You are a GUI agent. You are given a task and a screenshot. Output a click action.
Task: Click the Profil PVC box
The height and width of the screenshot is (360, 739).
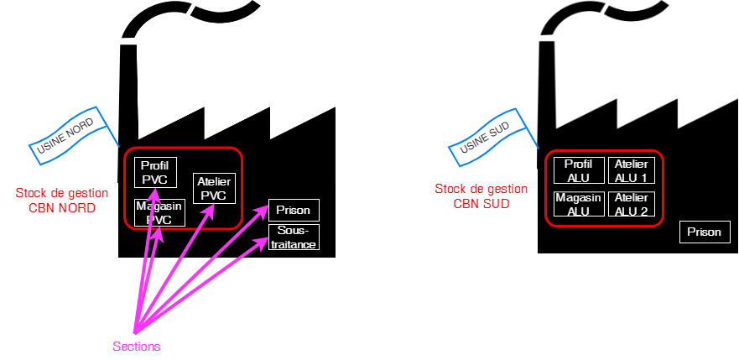[x=155, y=172]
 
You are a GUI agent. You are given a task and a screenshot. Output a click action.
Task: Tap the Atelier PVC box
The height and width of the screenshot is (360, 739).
[x=214, y=188]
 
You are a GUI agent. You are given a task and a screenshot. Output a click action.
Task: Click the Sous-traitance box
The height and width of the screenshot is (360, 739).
[x=294, y=237]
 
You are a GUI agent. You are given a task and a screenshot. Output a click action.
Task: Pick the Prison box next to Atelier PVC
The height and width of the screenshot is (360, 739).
[x=294, y=210]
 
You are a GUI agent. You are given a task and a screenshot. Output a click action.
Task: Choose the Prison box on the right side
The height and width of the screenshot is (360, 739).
[x=704, y=232]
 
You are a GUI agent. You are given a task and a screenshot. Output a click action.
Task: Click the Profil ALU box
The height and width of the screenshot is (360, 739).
[x=578, y=170]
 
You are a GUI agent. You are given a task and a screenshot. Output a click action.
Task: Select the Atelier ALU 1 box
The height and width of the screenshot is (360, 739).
[x=631, y=170]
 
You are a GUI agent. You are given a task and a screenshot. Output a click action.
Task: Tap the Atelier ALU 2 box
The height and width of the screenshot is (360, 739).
[x=631, y=204]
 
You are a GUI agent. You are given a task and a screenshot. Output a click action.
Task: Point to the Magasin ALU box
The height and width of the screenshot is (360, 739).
[x=578, y=204]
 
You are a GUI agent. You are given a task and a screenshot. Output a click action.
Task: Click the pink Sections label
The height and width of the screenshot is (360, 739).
[x=137, y=346]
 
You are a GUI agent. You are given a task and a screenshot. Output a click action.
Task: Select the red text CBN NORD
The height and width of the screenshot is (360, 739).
[x=55, y=208]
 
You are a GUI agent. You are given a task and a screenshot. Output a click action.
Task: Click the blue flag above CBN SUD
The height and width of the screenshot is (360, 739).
[x=489, y=134]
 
